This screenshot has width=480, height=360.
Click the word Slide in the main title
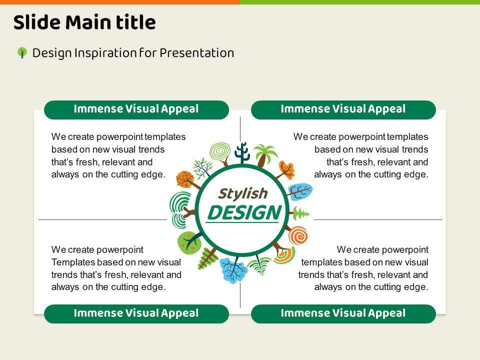pos(36,22)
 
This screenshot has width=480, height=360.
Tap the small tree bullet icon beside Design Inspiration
pos(22,52)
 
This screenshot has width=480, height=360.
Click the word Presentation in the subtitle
pos(197,53)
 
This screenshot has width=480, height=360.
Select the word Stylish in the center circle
pos(243,193)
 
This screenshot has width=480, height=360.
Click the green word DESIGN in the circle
pos(244,212)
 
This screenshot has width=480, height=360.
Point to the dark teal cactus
pos(242,153)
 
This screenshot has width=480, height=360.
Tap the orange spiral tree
pos(297,235)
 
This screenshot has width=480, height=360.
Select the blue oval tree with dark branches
pos(300,191)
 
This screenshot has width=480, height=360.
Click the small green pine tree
pos(300,213)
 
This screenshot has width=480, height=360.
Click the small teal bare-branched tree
pos(202,168)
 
